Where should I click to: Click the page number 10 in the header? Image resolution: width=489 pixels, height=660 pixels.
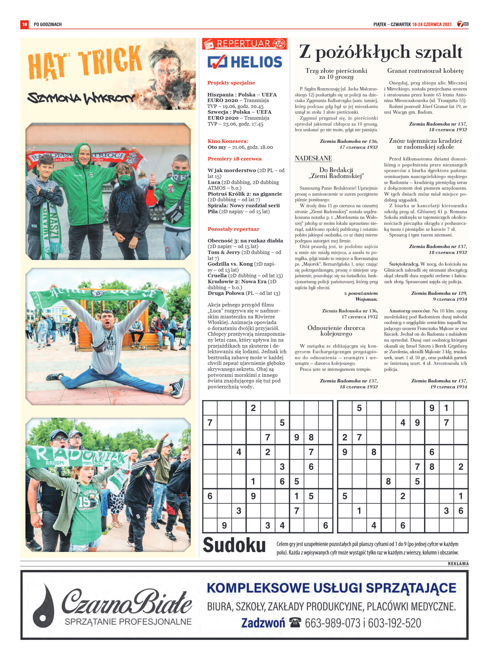coord(24,24)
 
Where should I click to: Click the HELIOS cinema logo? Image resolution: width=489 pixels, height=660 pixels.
coord(245,62)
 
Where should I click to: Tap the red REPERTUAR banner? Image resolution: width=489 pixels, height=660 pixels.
coord(244,44)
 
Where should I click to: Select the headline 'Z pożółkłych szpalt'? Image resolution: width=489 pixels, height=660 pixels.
coord(380,52)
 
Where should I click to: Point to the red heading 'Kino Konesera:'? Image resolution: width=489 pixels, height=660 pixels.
coord(228,141)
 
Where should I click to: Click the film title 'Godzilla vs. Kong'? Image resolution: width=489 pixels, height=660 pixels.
coord(230,264)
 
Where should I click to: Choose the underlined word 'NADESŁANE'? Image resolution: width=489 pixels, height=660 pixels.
coord(313,158)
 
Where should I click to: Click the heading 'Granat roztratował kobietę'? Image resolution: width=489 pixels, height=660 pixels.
coord(425,71)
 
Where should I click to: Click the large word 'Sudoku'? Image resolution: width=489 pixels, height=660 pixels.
coord(234,545)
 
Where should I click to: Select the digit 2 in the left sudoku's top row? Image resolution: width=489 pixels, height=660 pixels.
coord(253,408)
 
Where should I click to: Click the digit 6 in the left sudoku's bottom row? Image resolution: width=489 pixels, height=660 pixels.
coord(325,525)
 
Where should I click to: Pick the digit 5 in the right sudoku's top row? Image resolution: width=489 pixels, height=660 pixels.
coord(359,408)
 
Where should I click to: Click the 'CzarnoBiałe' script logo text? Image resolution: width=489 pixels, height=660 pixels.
coord(127,601)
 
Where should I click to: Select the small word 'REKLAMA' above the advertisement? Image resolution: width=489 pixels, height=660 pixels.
coord(458,563)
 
